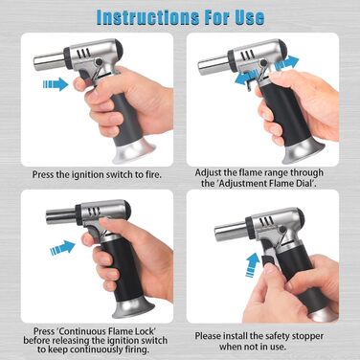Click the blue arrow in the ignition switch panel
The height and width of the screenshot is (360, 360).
[56, 84]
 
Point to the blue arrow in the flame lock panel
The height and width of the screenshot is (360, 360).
[62, 248]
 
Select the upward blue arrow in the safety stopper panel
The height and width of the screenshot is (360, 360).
[252, 264]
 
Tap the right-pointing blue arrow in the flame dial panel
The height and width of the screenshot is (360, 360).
[286, 62]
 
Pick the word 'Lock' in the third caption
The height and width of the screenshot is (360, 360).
[146, 330]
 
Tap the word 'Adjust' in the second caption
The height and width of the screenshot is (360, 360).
[208, 173]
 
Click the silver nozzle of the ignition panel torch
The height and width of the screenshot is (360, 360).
[50, 62]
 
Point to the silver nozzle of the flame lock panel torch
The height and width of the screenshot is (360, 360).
[61, 215]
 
